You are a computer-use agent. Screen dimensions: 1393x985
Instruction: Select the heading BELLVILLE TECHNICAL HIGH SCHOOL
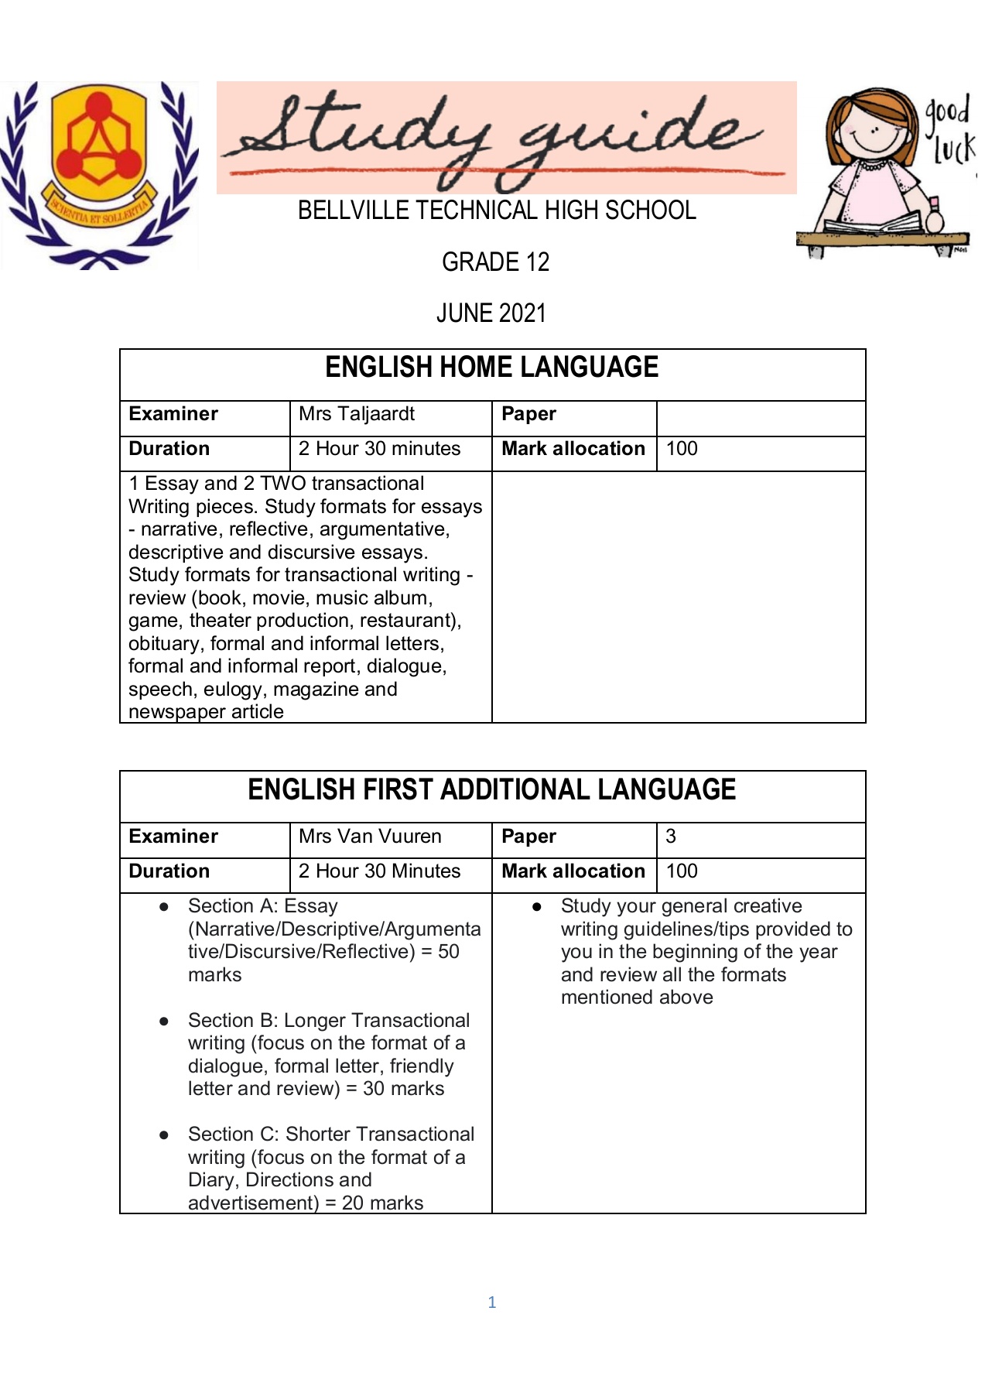[497, 210]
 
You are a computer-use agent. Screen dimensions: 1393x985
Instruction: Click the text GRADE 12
[495, 262]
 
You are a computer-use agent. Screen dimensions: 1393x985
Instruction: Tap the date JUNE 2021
[491, 313]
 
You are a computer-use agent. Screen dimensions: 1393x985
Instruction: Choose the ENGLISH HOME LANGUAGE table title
[491, 367]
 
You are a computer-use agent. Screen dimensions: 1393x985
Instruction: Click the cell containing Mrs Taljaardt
[357, 414]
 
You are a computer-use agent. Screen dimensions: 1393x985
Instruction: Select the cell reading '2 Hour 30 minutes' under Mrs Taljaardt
[379, 449]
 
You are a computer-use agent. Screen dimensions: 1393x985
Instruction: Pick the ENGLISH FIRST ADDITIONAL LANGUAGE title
[491, 789]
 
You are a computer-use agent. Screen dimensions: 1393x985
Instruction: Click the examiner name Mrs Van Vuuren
[370, 837]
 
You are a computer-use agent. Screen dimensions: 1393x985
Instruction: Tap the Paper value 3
[671, 837]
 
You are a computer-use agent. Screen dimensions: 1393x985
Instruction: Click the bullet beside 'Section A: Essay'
[164, 906]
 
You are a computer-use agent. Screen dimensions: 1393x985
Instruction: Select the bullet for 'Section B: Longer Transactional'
[164, 1022]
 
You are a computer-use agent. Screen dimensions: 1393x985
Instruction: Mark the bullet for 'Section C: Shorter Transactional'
[164, 1135]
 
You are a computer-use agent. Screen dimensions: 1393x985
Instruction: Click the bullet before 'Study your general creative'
[536, 906]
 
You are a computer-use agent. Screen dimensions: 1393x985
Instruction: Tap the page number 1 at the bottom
[492, 1302]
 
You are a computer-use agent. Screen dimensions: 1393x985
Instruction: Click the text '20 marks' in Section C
[383, 1203]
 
